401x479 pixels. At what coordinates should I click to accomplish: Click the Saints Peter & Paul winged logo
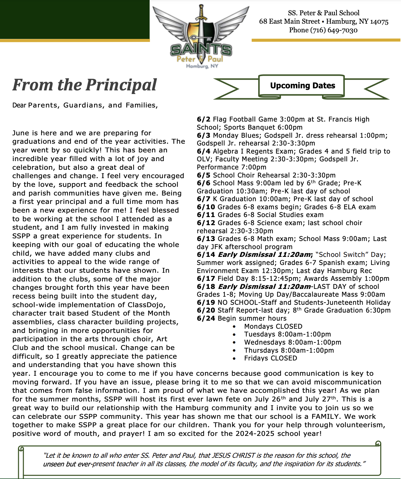(201, 36)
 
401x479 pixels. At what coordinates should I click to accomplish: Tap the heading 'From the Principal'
(84, 85)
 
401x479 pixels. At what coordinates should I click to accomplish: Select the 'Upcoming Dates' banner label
(302, 86)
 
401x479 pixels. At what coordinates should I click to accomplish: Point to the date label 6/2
(203, 119)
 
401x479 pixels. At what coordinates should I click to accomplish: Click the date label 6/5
(203, 175)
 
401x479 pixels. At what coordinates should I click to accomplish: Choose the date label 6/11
(206, 215)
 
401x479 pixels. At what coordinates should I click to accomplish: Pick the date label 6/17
(206, 279)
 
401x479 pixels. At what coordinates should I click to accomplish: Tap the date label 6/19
(206, 303)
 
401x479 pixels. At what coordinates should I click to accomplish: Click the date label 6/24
(206, 319)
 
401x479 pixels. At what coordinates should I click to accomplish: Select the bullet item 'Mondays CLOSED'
(273, 327)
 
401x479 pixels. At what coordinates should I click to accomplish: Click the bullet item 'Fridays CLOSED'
(270, 358)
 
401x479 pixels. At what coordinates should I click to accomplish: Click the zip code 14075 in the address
(379, 22)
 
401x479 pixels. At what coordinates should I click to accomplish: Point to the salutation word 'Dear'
(19, 105)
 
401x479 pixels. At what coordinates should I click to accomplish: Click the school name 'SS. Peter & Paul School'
(323, 13)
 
